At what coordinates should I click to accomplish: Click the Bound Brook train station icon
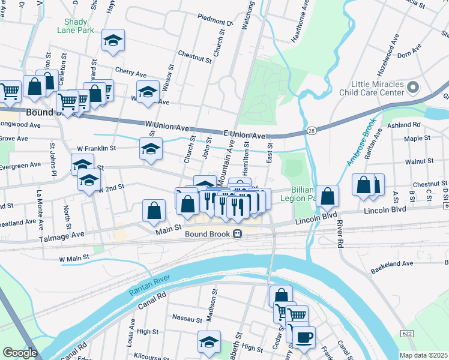[x=238, y=233]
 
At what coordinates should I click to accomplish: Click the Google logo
[x=20, y=353]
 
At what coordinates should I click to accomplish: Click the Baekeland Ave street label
[x=392, y=263]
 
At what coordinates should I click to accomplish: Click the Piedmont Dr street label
[x=215, y=23]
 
